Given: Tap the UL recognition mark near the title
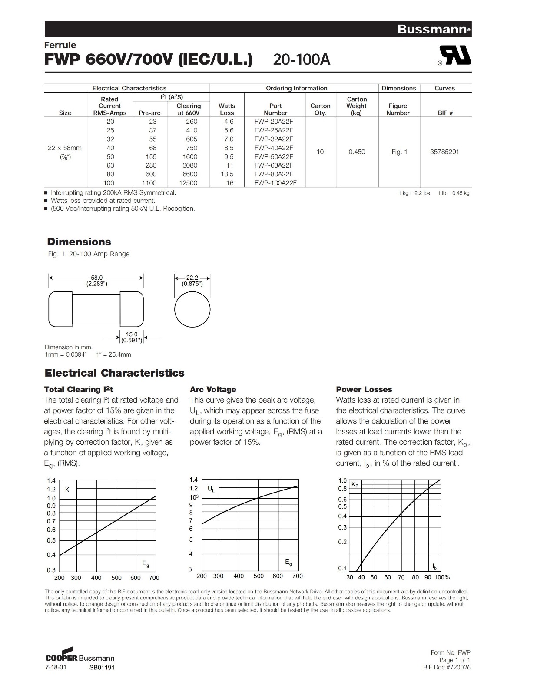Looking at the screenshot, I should pos(455,56).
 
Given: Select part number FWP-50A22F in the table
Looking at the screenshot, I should pos(274,156).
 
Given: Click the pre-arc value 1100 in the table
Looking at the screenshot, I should pos(149,183).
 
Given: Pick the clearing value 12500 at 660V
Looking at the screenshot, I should pos(188,183).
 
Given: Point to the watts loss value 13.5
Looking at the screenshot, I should pos(228,174).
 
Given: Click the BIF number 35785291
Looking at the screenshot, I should pos(444,152).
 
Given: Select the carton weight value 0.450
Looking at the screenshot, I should pos(357,152).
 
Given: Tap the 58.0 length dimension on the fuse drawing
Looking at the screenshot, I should pos(96,278).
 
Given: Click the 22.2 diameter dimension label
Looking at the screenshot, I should pos(192,278).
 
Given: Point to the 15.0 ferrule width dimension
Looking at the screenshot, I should pos(132,334).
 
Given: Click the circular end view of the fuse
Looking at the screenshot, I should pos(192,310).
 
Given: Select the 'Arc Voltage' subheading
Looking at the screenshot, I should pos(213,389).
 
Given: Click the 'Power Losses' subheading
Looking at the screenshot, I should pos(364,389).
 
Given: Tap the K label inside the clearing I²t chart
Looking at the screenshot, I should pos(67,490).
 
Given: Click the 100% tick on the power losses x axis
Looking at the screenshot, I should pos(442,577).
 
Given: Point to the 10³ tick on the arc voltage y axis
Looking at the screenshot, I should pos(194,497).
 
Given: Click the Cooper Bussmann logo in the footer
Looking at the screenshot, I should pos(80,656).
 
